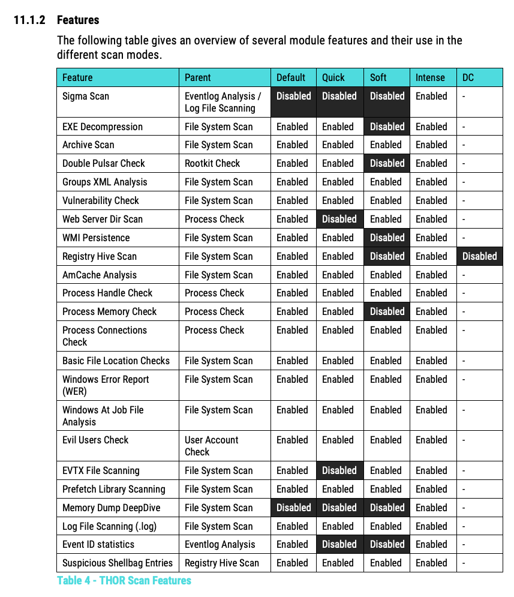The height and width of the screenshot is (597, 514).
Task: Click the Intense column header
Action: click(x=430, y=77)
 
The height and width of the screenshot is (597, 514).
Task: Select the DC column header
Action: click(x=468, y=77)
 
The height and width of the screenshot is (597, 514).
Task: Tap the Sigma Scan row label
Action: click(x=86, y=96)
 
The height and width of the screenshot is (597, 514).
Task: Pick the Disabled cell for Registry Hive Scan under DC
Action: click(x=479, y=256)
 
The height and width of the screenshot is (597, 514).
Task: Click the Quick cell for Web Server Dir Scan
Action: click(x=339, y=219)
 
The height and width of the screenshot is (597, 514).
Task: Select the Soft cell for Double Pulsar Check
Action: click(x=387, y=163)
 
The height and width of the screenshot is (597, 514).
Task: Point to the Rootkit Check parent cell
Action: click(x=212, y=163)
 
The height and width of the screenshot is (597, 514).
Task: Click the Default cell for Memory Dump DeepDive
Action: click(x=293, y=508)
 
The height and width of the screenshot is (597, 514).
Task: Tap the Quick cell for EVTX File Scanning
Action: click(x=339, y=470)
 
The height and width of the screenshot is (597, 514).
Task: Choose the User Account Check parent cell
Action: click(x=212, y=446)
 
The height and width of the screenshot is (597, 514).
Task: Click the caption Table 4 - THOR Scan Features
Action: click(x=124, y=580)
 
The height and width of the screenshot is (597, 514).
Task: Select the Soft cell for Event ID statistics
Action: click(x=387, y=544)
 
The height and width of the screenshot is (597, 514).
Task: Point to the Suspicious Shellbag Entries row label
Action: click(x=118, y=563)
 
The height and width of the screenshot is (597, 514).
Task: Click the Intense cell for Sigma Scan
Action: click(x=431, y=96)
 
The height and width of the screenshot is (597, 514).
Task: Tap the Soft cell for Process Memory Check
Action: click(x=387, y=311)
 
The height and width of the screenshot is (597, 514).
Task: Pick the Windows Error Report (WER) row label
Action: click(x=106, y=385)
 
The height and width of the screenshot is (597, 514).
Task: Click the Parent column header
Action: click(x=198, y=77)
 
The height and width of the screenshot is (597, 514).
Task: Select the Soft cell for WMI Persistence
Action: click(x=387, y=238)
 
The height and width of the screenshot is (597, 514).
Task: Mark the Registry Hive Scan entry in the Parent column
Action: click(x=222, y=563)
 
